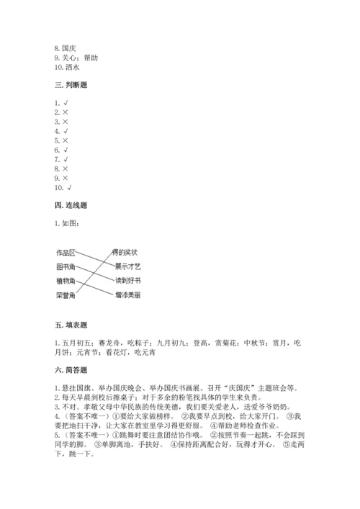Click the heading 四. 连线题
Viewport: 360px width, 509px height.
(x=71, y=206)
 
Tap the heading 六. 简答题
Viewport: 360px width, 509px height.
(x=71, y=370)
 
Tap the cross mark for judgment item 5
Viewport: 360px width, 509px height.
(x=66, y=140)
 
